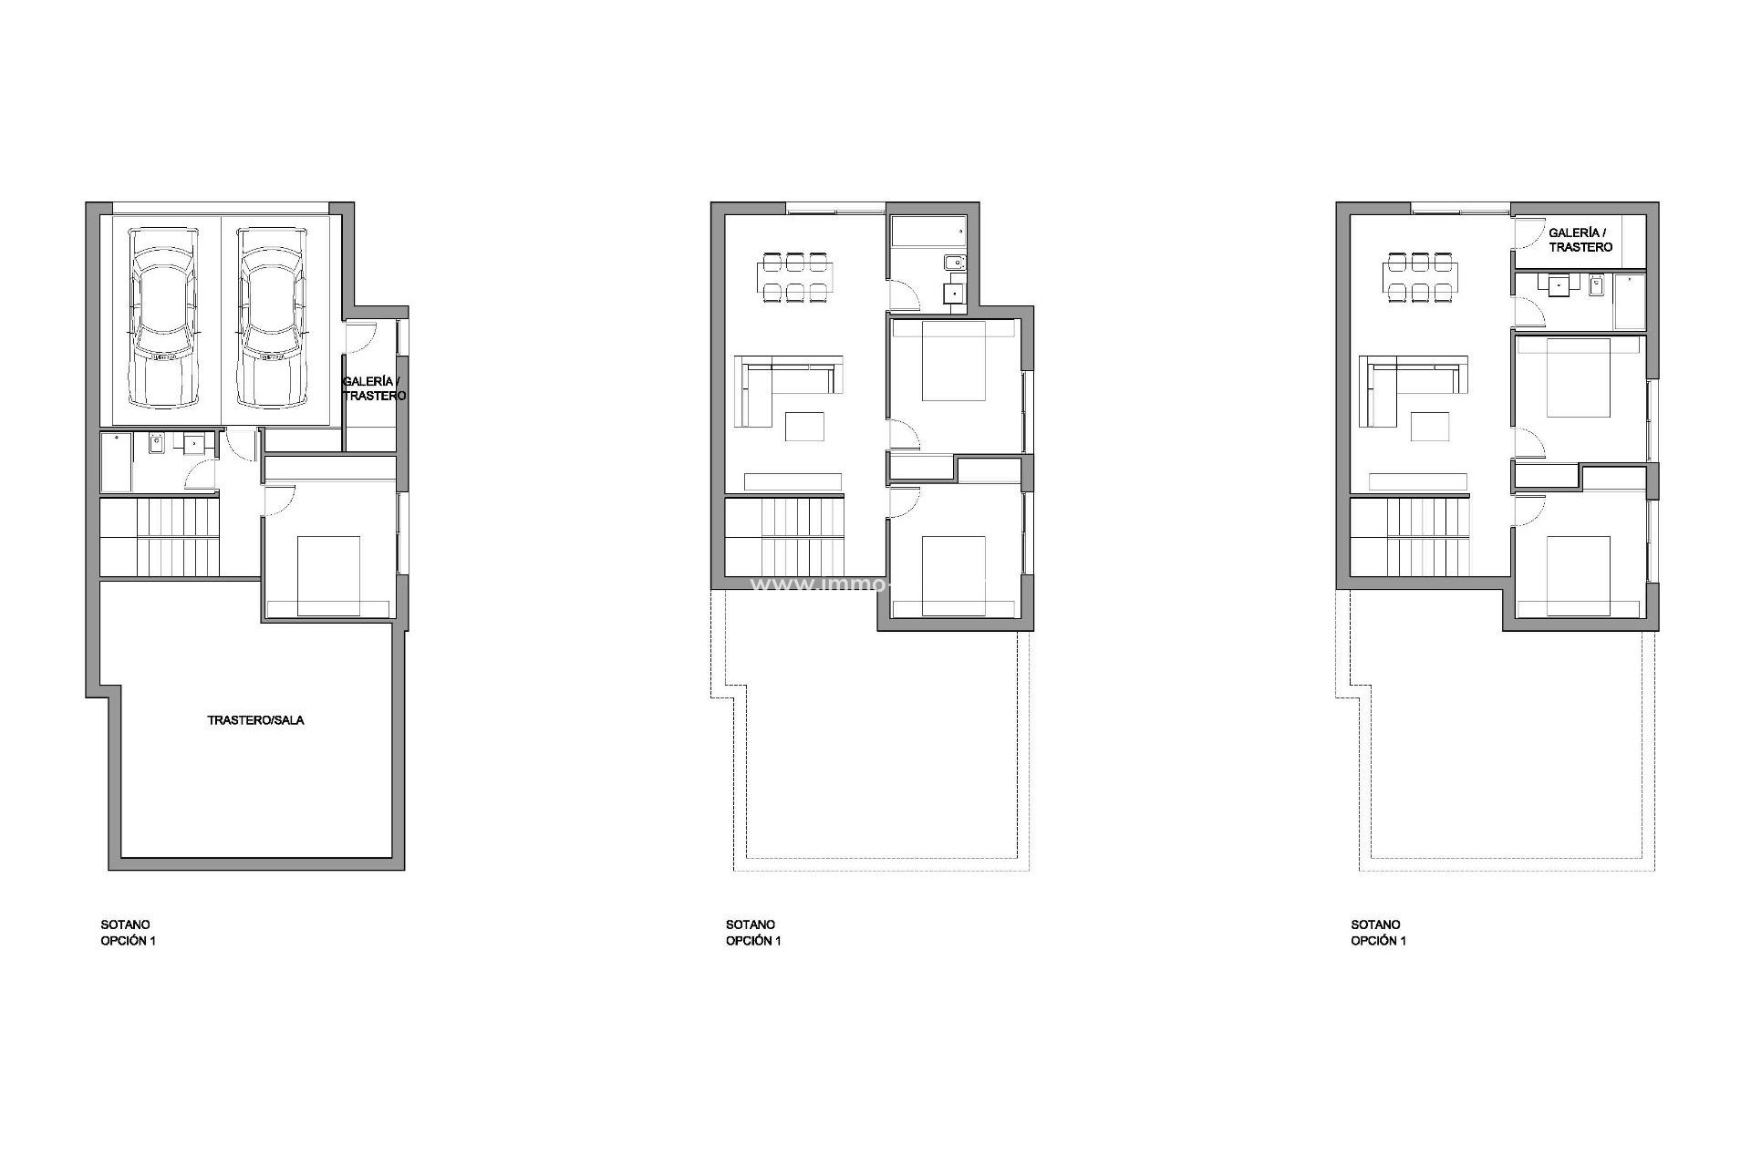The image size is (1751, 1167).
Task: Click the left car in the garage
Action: [164, 317]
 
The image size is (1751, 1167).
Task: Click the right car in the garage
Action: [272, 317]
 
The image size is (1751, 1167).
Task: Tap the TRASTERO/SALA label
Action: [255, 720]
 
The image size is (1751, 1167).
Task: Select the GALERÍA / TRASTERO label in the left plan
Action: [373, 389]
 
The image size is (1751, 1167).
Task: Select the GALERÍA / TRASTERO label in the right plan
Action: [1580, 241]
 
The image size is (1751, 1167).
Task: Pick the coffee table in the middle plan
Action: [804, 427]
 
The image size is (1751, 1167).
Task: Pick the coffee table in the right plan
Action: [1429, 427]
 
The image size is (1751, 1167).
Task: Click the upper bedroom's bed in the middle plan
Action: [954, 361]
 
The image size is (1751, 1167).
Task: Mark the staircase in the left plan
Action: [161, 538]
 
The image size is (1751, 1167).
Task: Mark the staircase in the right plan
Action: [1410, 538]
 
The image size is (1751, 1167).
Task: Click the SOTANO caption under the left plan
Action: [126, 924]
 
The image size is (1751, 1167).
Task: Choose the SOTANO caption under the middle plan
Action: [751, 924]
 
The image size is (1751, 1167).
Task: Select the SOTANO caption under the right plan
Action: [1375, 924]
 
